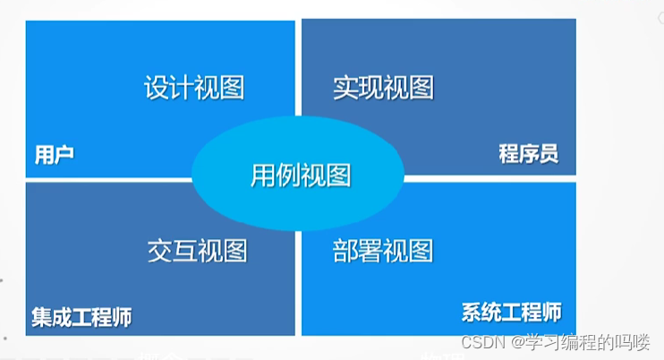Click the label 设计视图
(194, 88)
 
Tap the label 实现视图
(383, 88)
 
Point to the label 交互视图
(197, 251)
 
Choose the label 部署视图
(383, 251)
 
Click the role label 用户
(54, 154)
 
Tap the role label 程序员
(529, 154)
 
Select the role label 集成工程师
(81, 317)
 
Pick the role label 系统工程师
(512, 313)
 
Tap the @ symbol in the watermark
(517, 343)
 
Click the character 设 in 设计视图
(157, 88)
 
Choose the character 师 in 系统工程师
(552, 313)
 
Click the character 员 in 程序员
(549, 154)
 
